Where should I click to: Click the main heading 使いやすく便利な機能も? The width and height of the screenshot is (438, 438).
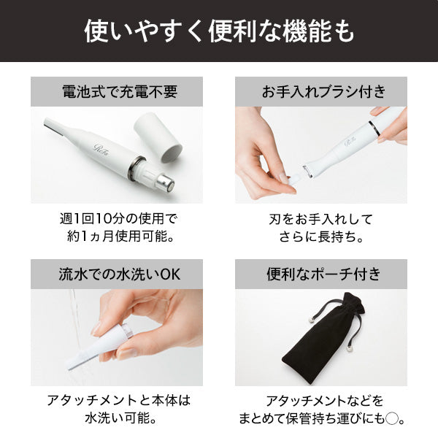(x=219, y=31)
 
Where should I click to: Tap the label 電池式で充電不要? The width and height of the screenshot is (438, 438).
(x=120, y=91)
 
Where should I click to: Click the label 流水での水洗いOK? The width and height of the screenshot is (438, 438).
(x=120, y=274)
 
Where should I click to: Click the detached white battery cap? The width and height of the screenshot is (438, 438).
(x=158, y=137)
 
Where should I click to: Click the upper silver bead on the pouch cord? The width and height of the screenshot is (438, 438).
(x=312, y=320)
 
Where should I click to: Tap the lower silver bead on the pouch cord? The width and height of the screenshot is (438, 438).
(x=349, y=348)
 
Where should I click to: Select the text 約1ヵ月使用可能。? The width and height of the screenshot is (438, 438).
(x=121, y=237)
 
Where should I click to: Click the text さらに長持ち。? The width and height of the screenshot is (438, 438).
(x=320, y=237)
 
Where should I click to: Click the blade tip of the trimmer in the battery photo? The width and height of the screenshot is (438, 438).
(x=47, y=122)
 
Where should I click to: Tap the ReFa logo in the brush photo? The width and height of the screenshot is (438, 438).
(x=350, y=142)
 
